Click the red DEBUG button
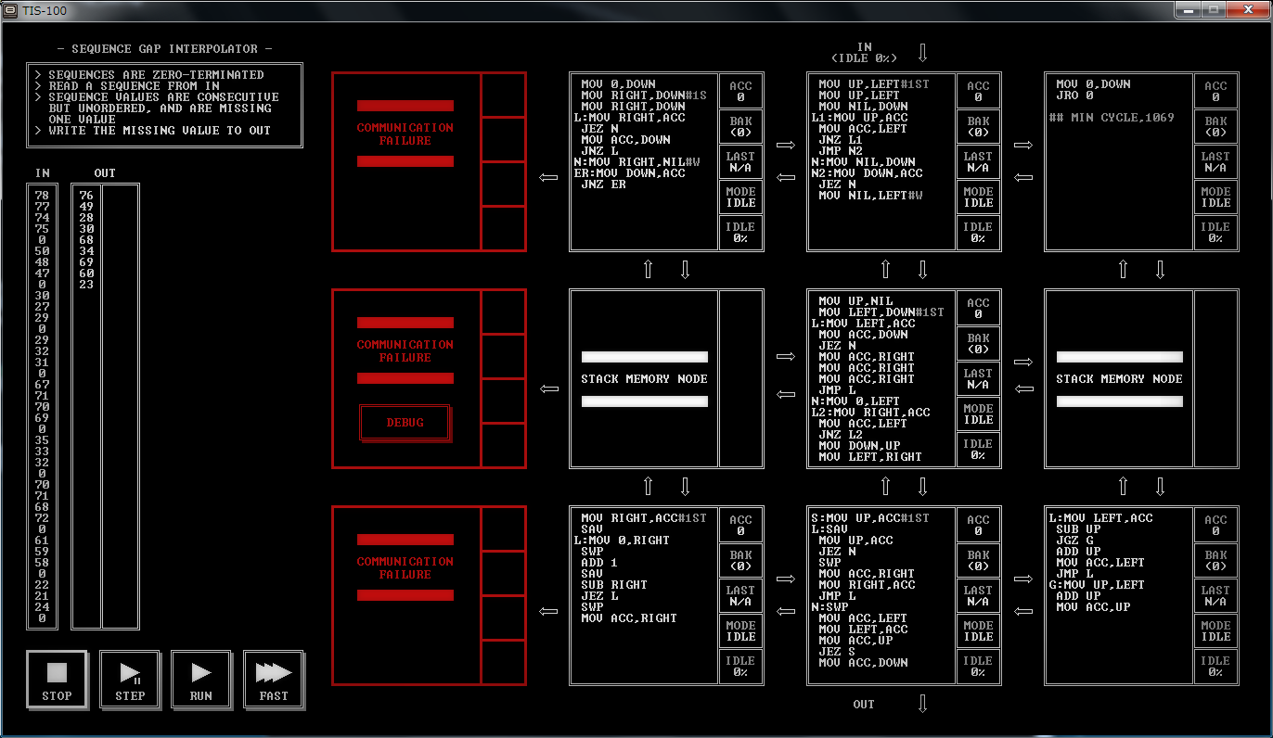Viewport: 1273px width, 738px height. [x=405, y=423]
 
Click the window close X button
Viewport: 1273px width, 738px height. [x=1249, y=9]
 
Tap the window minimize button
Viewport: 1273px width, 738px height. [x=1188, y=9]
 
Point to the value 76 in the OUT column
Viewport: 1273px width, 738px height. [x=86, y=196]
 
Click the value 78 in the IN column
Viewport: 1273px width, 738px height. [x=42, y=196]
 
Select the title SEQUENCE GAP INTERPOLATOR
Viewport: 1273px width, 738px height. [x=165, y=49]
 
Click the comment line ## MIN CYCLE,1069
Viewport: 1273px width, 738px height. [x=1111, y=118]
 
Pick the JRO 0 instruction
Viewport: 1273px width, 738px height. [x=1074, y=95]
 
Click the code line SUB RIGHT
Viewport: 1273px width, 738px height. [x=614, y=585]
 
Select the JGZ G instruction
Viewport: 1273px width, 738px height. [x=1074, y=541]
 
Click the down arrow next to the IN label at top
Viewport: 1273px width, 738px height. [x=923, y=53]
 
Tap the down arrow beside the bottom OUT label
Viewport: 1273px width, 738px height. [x=923, y=704]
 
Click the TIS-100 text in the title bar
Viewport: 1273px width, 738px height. [x=45, y=10]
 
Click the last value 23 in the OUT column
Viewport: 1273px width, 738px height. [x=86, y=285]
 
